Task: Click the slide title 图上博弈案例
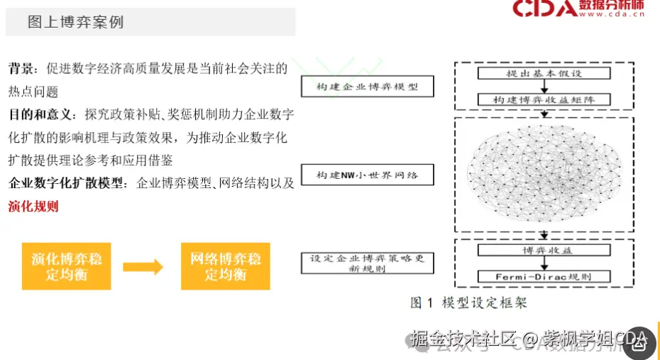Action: point(75,22)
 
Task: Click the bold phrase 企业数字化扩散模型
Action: point(67,183)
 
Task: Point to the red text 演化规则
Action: point(33,207)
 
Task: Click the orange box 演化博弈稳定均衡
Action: point(66,266)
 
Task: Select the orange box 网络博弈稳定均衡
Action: point(225,266)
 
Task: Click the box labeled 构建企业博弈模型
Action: point(366,87)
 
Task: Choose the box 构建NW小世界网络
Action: point(366,175)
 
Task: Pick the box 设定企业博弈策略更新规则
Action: point(366,263)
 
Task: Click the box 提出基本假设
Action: point(544,74)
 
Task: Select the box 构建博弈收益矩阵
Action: point(544,100)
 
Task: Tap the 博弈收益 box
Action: point(544,250)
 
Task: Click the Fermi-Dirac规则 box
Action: point(544,276)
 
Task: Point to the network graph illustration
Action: point(543,173)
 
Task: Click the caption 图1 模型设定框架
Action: point(468,302)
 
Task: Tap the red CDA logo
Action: point(545,9)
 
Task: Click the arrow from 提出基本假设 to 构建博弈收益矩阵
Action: point(544,87)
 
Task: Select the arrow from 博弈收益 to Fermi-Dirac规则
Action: point(544,263)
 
